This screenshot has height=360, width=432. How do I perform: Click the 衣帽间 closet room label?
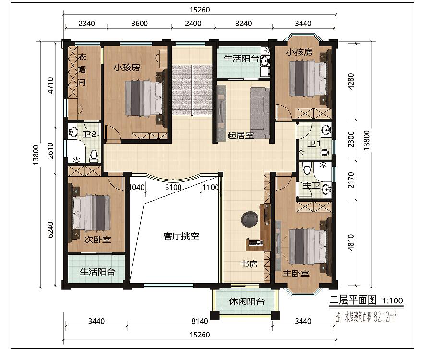click(x=82, y=70)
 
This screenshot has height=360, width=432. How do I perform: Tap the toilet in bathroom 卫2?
click(x=94, y=156)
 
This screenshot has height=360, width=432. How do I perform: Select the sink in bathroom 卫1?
click(x=326, y=130)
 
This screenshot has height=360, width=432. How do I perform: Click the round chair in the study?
click(x=250, y=219)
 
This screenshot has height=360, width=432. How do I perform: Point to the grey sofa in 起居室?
click(x=260, y=113)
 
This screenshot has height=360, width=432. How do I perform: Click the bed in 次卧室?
click(x=92, y=212)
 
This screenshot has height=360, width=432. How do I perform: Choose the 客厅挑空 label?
click(x=181, y=236)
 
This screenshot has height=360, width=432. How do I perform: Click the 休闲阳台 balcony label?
click(x=247, y=301)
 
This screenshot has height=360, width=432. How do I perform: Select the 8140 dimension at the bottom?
click(x=200, y=321)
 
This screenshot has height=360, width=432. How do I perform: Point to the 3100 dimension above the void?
click(x=173, y=187)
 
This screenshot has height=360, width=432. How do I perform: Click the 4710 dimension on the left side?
click(x=50, y=85)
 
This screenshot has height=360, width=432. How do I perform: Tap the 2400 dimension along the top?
click(x=193, y=24)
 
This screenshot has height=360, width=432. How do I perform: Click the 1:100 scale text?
click(x=393, y=300)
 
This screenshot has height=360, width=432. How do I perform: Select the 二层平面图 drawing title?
click(x=353, y=300)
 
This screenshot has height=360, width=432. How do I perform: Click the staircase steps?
click(x=192, y=90)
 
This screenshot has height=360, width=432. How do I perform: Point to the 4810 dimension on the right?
click(x=351, y=242)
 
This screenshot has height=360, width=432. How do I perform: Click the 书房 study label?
click(x=249, y=264)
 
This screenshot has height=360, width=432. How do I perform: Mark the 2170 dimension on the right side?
click(x=351, y=180)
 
